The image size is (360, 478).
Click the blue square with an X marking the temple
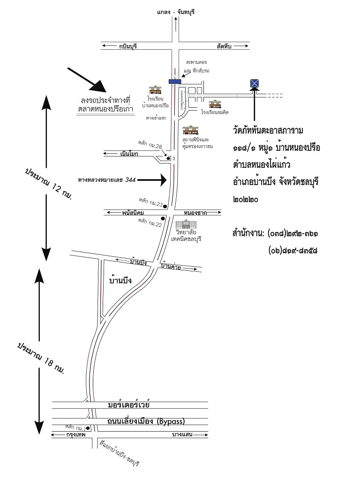pos(254,83)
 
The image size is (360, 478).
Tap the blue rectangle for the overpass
pos(176,82)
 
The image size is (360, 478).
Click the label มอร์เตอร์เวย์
pos(128,404)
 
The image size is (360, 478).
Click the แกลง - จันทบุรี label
pos(176,12)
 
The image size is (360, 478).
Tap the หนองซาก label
pos(195,212)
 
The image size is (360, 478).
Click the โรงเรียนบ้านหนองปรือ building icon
pos(155,90)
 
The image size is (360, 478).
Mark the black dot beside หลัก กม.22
pos(163,219)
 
